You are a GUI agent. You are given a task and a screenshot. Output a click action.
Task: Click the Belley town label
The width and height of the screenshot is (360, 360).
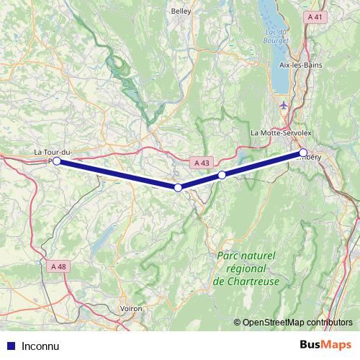pyautogui.click(x=180, y=12)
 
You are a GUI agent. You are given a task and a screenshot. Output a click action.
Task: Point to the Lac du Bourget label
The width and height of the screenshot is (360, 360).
pyautogui.click(x=276, y=36)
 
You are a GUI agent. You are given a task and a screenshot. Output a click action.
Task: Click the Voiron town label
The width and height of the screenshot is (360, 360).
pyautogui.click(x=131, y=308)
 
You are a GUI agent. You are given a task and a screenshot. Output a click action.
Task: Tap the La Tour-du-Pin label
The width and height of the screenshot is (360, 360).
pyautogui.click(x=53, y=152)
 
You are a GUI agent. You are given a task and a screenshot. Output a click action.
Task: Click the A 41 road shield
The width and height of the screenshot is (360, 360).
pyautogui.click(x=315, y=16)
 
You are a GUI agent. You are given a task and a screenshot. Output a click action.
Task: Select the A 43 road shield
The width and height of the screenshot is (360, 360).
pyautogui.click(x=202, y=163)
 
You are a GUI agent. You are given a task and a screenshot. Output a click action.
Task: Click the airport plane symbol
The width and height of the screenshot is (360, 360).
pyautogui.click(x=283, y=107)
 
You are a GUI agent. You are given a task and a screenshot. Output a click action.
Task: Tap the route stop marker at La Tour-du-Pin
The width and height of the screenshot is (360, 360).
pyautogui.click(x=57, y=161)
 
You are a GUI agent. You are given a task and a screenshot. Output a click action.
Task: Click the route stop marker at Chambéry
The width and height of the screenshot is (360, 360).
pyautogui.click(x=303, y=153)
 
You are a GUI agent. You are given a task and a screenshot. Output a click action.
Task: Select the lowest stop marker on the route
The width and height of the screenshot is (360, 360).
pyautogui.click(x=178, y=187)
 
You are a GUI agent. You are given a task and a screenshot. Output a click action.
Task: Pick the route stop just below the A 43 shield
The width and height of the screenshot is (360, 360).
pyautogui.click(x=222, y=175)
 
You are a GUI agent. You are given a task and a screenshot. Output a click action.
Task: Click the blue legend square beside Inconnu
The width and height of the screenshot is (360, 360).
pyautogui.click(x=10, y=346)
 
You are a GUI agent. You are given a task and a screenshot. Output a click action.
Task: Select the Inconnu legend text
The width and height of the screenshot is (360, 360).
pyautogui.click(x=40, y=346)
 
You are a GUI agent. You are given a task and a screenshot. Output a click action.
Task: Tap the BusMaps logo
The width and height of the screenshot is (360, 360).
pyautogui.click(x=325, y=345)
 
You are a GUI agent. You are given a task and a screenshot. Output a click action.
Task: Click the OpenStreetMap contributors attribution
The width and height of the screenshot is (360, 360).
pyautogui.click(x=297, y=322)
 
